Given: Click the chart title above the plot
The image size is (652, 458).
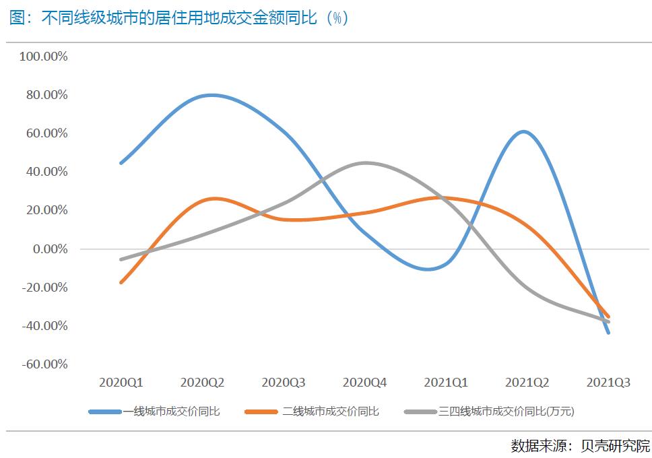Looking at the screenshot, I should (x=178, y=18).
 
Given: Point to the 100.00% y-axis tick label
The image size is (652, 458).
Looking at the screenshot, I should (x=44, y=57).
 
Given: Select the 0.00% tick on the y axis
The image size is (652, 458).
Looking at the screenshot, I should (x=48, y=249).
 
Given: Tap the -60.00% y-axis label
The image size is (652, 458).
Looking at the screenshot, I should (x=44, y=364).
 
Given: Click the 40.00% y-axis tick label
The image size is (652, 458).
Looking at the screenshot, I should (x=46, y=172).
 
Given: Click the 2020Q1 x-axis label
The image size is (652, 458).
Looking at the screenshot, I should (x=121, y=383).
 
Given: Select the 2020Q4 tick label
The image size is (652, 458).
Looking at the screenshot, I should (x=365, y=383).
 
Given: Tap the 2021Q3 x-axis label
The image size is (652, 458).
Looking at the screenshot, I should (x=609, y=383).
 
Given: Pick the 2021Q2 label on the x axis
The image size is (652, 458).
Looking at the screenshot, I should (x=527, y=383).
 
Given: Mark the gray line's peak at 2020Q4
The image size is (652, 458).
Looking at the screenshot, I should (x=365, y=163).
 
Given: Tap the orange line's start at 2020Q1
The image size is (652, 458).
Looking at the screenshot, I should (x=121, y=282).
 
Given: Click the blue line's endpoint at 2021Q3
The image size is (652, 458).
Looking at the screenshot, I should (x=609, y=332).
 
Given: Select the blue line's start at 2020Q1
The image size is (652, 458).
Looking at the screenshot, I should (x=121, y=163).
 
